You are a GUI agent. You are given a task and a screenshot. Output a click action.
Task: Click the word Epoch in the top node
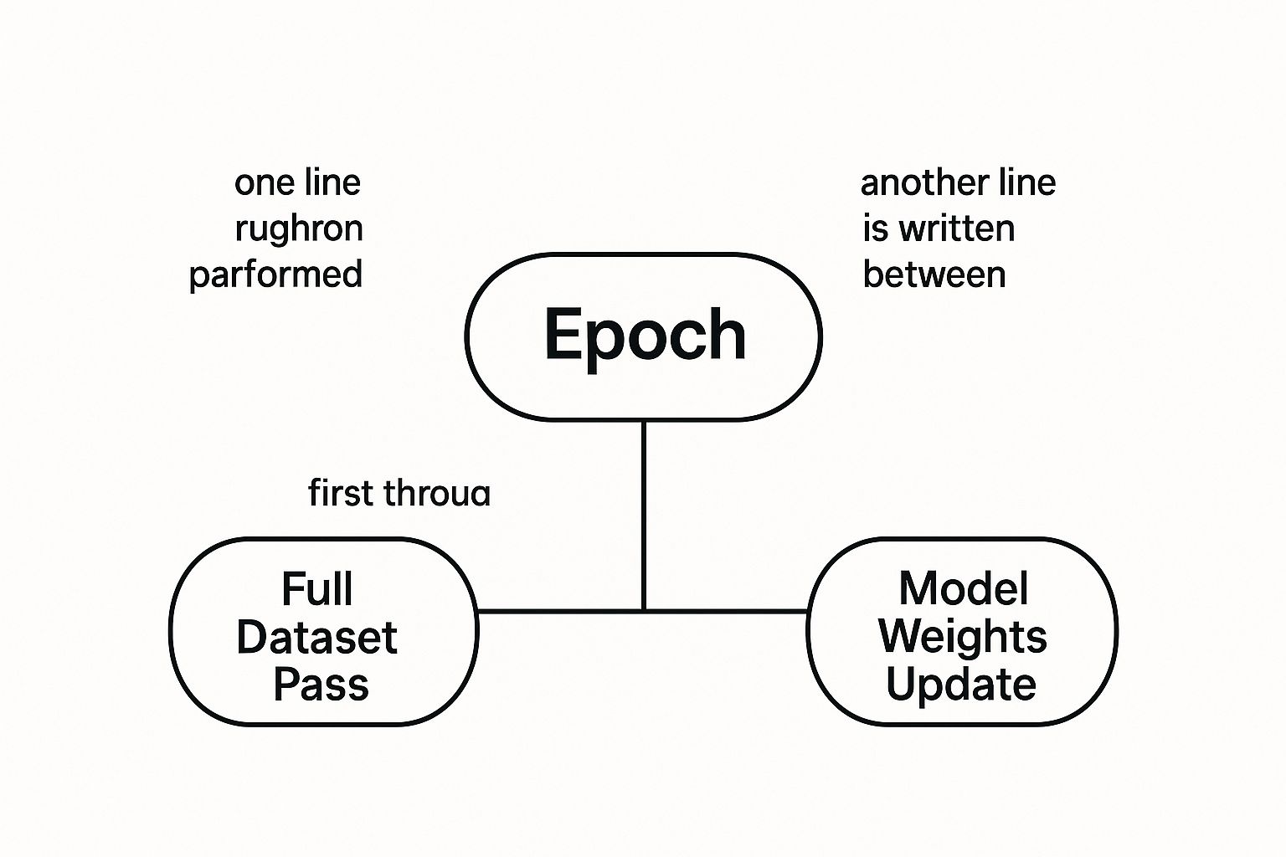[x=645, y=335]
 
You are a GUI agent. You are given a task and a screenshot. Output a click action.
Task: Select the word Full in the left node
[x=316, y=589]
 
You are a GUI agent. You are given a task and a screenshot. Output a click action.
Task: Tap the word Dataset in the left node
[x=316, y=638]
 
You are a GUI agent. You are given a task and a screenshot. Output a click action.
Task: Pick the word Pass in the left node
[x=321, y=685]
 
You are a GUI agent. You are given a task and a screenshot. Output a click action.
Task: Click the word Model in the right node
[x=963, y=589]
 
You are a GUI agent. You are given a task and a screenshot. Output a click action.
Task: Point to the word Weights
[x=962, y=638]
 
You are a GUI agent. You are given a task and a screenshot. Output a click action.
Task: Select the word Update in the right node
[x=961, y=685]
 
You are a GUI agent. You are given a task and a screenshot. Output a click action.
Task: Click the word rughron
[x=298, y=228]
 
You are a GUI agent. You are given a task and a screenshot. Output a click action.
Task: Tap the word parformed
[x=275, y=275]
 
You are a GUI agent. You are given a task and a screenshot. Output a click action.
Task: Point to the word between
[x=934, y=275]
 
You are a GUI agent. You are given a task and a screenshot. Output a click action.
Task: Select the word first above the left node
[x=339, y=493]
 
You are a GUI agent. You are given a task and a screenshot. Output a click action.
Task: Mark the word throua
[x=435, y=494]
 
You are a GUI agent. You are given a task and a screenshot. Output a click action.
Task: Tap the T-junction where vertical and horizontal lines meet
[x=643, y=611]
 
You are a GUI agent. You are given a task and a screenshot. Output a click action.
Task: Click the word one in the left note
[x=260, y=183]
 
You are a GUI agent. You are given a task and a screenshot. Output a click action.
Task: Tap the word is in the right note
[x=875, y=228]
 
